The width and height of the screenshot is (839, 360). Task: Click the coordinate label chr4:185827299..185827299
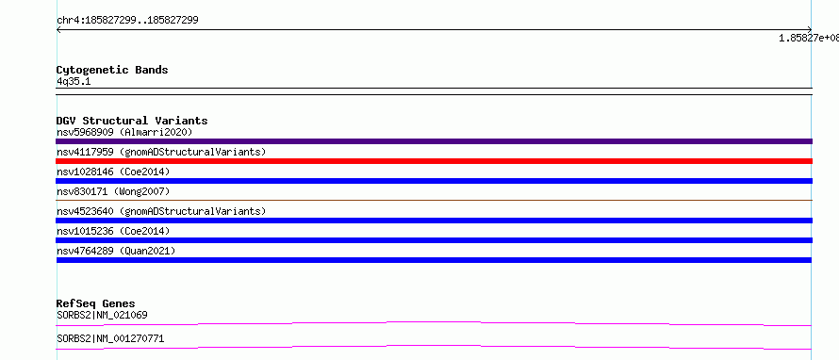[x=127, y=21]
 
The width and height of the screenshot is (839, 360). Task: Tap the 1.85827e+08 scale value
[x=809, y=38]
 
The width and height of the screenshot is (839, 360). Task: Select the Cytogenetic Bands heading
[x=112, y=70]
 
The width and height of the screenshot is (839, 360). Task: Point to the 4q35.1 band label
[x=74, y=81]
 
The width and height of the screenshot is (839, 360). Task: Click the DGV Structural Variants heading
[x=132, y=121]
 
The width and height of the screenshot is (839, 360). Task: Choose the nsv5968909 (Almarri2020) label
[x=124, y=132]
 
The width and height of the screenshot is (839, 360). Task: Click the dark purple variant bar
[x=434, y=141]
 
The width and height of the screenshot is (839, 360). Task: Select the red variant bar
[x=434, y=161]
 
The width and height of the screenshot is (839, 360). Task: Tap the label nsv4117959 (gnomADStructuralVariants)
[x=161, y=152]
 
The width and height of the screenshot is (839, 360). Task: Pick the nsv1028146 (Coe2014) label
[x=113, y=172]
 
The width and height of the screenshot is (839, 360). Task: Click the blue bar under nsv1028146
[x=434, y=181]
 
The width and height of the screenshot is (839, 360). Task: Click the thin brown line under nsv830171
[x=434, y=200]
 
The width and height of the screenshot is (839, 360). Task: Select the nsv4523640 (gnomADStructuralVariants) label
[x=161, y=211]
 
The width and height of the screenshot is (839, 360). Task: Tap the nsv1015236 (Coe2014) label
[x=113, y=231]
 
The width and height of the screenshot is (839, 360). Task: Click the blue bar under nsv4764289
[x=434, y=260]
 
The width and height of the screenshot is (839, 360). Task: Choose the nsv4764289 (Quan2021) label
[x=116, y=251]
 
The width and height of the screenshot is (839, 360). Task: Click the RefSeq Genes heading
[x=95, y=303]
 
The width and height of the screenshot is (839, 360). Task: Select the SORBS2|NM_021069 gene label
[x=102, y=315]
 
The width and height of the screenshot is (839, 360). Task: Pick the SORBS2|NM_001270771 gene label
[x=110, y=338]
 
